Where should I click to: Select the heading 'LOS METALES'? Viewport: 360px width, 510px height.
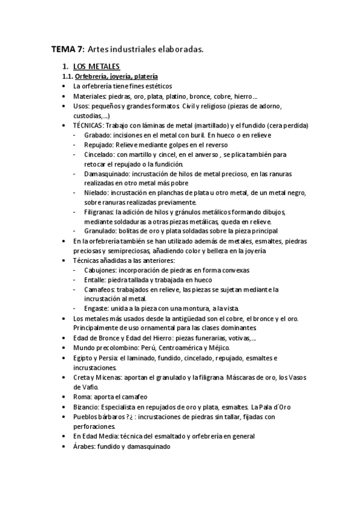[x=96, y=67]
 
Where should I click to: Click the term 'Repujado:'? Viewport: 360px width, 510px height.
[x=99, y=145]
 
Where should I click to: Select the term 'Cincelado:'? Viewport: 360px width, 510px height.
[x=100, y=155]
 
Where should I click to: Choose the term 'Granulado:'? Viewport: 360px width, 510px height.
[x=100, y=231]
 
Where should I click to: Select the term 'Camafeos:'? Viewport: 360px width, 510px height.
[x=100, y=289]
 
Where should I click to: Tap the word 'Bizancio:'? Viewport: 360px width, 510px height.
[x=88, y=407]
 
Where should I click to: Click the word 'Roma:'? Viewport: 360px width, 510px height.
[x=83, y=397]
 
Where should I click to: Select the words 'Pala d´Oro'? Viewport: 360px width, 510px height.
[x=277, y=407]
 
